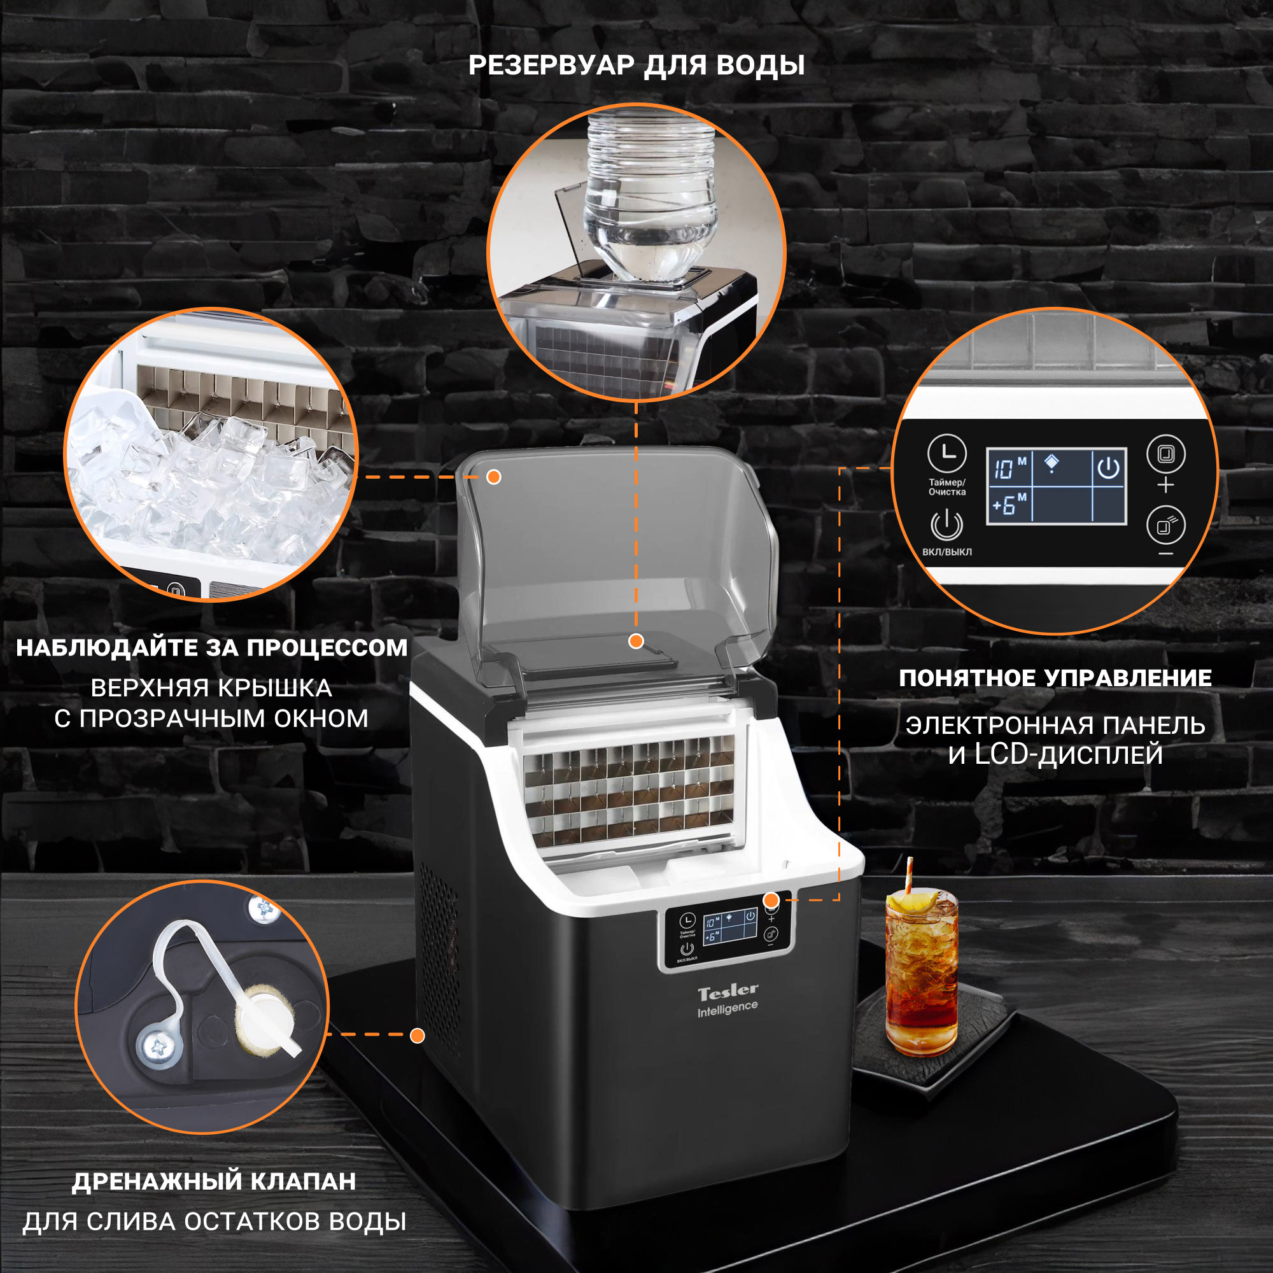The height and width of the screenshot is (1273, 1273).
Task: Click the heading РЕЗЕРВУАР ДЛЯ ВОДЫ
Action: (636, 65)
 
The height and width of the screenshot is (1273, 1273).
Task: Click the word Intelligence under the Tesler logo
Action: (728, 1008)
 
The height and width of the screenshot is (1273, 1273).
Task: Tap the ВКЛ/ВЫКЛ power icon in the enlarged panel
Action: (947, 525)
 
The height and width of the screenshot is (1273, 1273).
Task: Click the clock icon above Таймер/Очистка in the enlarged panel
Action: (947, 453)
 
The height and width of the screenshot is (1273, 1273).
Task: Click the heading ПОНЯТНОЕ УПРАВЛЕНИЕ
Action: (1055, 678)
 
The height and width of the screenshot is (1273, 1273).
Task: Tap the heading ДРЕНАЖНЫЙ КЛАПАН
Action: (214, 1181)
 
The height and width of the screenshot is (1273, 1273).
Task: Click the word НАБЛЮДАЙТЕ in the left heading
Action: (106, 648)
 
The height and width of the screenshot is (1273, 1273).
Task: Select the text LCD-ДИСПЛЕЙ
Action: (1069, 754)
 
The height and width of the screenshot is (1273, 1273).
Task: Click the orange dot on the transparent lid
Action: (493, 477)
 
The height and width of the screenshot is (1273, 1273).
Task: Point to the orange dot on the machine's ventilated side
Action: (417, 1036)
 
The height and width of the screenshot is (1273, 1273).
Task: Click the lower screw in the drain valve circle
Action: (158, 1045)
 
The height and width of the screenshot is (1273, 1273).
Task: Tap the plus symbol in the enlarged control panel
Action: (1165, 485)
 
